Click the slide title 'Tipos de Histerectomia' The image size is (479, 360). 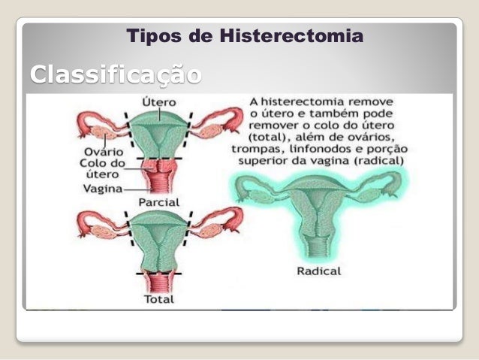tap(245, 35)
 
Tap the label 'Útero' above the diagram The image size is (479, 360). tap(158, 101)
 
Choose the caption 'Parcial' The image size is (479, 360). tap(158, 203)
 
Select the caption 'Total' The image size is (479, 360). tap(158, 299)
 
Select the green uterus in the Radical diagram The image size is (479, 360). tap(319, 210)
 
